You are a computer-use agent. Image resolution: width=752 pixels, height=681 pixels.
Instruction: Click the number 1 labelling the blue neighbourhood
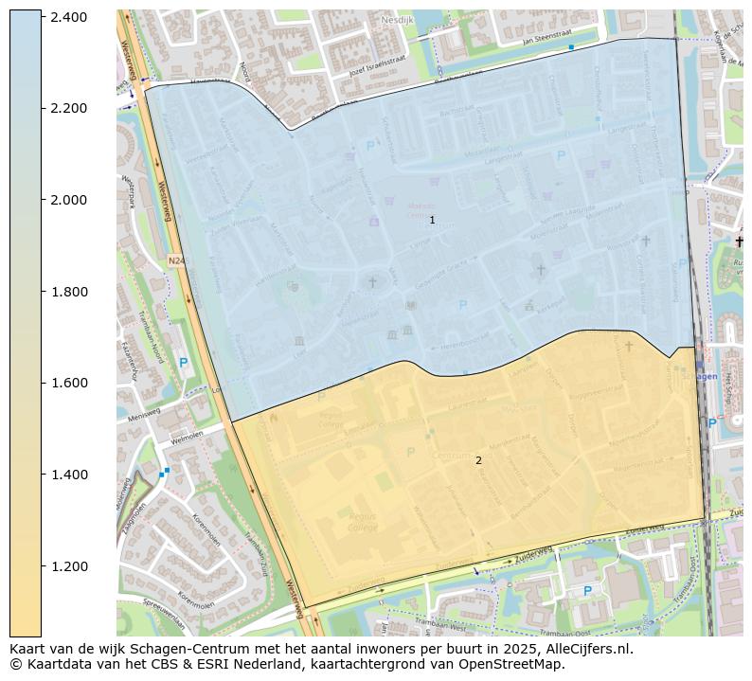(x=432, y=220)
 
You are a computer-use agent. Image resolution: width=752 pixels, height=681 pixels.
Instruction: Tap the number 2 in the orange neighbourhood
(x=478, y=460)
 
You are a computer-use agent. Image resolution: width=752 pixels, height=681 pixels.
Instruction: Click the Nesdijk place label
(x=397, y=20)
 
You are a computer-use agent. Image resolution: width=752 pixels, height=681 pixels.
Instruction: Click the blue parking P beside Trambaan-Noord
(x=183, y=363)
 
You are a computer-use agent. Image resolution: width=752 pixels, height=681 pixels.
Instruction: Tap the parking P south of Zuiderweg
(x=586, y=591)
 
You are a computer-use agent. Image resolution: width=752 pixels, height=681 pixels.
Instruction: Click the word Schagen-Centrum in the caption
(x=196, y=650)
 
